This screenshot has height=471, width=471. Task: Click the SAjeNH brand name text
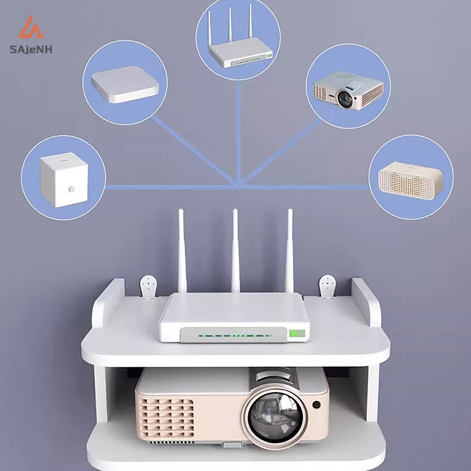coord(31,49)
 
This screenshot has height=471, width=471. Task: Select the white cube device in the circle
coord(64,180)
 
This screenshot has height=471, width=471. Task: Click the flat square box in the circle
coord(125,84)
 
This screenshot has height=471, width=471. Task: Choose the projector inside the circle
coord(348,90)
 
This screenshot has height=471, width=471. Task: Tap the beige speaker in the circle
coord(410,178)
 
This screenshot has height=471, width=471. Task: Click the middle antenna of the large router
coord(235,251)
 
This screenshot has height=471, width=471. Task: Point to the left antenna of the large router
coord(182,251)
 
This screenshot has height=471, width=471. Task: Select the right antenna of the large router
coord(289,251)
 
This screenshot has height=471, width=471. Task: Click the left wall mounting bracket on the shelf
coord(148,287)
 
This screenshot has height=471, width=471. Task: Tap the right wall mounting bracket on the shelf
coord(327,286)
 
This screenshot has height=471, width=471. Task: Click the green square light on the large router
coord(297,333)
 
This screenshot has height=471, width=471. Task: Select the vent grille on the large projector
coord(167,417)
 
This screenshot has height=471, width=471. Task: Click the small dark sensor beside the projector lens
coord(316,404)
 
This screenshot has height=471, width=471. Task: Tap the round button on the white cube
coord(71,189)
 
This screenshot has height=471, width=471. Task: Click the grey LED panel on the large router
coord(234,335)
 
